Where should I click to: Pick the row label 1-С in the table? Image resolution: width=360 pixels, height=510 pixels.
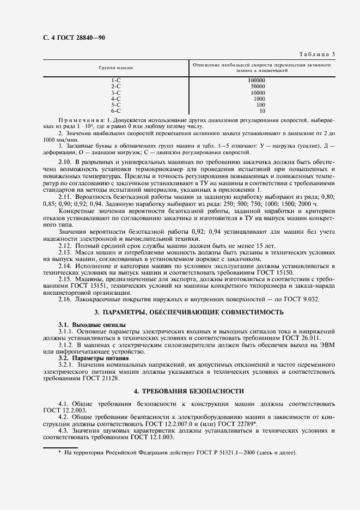[x=115, y=81]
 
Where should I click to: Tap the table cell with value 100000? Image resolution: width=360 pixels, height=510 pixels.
[x=256, y=81]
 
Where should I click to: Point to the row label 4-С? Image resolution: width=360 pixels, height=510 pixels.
[x=115, y=99]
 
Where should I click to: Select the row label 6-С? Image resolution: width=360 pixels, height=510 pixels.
[x=115, y=111]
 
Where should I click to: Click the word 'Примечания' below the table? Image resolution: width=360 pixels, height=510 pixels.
[x=80, y=119]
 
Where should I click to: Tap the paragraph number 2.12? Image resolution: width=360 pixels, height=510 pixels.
[x=65, y=245]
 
